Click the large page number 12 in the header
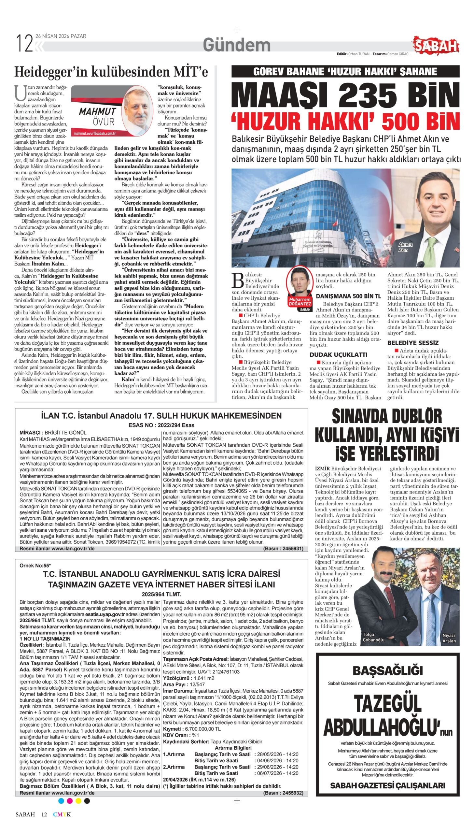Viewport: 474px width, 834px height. pyautogui.click(x=24, y=44)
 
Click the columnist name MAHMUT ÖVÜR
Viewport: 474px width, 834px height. pyautogui.click(x=98, y=116)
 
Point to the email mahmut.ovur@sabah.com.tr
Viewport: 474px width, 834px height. pyautogui.click(x=95, y=134)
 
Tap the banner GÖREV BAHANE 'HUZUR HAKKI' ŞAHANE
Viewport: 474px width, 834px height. pyautogui.click(x=345, y=71)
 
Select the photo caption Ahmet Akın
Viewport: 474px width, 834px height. pyautogui.click(x=405, y=247)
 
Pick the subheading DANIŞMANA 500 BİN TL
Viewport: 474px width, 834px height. pyautogui.click(x=348, y=296)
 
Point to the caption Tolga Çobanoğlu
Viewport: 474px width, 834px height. pyautogui.click(x=373, y=637)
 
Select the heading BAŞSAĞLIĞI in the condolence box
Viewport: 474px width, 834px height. pyautogui.click(x=387, y=662)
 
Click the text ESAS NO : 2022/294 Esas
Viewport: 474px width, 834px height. pyautogui.click(x=161, y=425)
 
